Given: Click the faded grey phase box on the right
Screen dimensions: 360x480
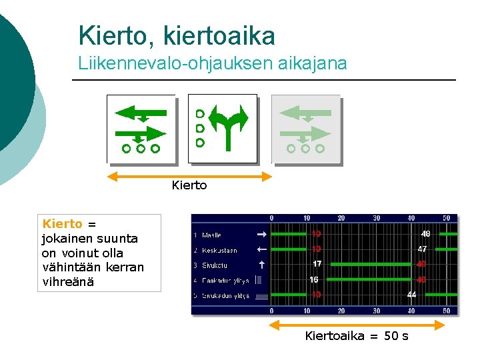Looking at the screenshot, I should coord(305,129).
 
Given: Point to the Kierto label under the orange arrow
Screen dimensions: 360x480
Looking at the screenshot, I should coord(189,185).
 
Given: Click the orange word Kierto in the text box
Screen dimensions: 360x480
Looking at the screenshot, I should coord(62,224).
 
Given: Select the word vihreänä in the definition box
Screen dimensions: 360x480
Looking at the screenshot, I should coord(67,282).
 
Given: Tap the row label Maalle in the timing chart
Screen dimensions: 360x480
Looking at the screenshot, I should coord(211,235).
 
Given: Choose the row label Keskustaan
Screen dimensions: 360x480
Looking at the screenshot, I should coord(219,251).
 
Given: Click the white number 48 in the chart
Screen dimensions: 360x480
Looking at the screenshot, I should coord(425,234).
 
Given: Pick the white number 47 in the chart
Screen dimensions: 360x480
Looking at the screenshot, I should coord(422,249).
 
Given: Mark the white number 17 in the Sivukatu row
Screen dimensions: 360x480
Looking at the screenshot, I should coord(317,264).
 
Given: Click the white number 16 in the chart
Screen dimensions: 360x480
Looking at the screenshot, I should coord(314,280).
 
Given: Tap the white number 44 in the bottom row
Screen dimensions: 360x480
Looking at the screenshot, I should coord(411,295).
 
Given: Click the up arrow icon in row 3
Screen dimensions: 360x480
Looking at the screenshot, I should coord(262,265).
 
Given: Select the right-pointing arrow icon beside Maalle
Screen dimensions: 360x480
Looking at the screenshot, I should coord(261,235).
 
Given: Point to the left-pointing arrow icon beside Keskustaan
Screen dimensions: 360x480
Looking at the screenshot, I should coord(261,250).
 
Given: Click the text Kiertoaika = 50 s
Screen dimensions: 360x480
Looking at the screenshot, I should coord(357,336).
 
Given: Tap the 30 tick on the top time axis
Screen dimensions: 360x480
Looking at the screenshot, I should coord(377,218).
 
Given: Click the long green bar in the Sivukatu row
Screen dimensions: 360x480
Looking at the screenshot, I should coord(393,265).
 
